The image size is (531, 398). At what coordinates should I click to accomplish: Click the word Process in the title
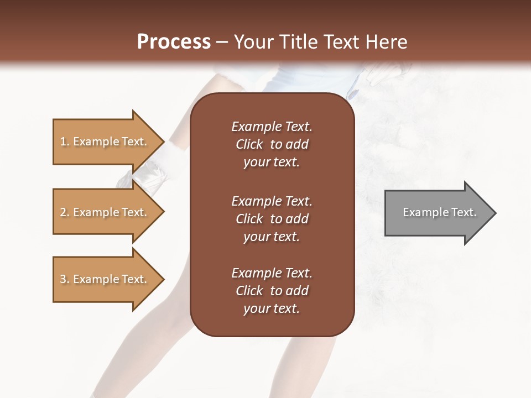pos(174,42)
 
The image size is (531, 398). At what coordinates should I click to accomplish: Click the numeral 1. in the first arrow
pos(65,142)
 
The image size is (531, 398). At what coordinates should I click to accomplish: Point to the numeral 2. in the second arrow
pos(65,212)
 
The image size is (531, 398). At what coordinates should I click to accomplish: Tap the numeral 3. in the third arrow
pos(65,279)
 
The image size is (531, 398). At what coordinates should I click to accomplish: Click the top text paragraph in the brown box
pos(272,144)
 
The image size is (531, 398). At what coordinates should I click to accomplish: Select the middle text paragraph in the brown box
pos(272,218)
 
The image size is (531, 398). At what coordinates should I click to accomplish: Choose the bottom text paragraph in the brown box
pos(272,291)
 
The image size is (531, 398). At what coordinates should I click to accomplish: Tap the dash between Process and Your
pos(222,43)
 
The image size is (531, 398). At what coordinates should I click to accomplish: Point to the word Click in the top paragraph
pos(249,144)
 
